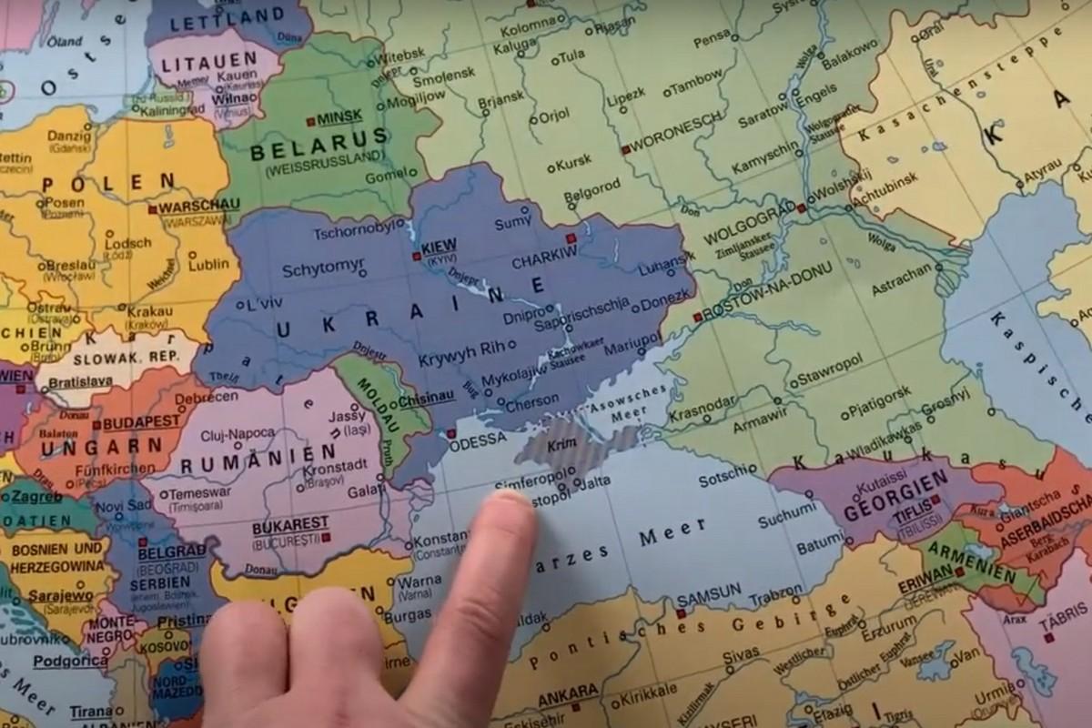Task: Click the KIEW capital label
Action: tap(439, 245)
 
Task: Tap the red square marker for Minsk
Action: tap(310, 119)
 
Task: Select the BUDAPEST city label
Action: tap(140, 423)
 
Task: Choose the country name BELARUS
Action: tap(306, 147)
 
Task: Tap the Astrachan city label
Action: tap(901, 269)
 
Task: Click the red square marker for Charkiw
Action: tap(571, 238)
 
